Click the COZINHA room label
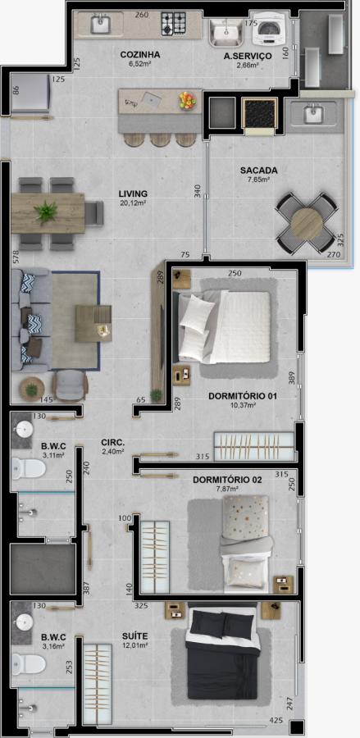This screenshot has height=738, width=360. click(139, 55)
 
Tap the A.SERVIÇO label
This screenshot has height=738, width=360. click(248, 56)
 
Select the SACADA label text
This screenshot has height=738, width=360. click(259, 171)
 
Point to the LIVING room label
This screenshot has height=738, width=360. click(133, 194)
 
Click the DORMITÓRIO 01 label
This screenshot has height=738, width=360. click(243, 396)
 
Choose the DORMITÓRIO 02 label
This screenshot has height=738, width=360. click(228, 481)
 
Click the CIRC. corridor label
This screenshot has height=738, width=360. click(112, 443)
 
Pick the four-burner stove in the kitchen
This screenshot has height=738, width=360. click(174, 23)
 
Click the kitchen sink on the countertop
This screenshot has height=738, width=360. click(100, 25)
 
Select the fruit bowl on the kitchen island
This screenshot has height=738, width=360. click(187, 100)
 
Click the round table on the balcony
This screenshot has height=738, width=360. click(307, 224)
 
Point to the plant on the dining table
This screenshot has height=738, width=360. click(46, 212)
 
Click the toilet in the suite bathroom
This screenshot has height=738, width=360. click(28, 663)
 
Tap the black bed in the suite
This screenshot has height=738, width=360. click(223, 652)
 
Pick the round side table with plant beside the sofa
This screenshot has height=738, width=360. click(32, 389)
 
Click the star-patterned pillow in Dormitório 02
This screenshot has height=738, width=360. click(245, 517)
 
